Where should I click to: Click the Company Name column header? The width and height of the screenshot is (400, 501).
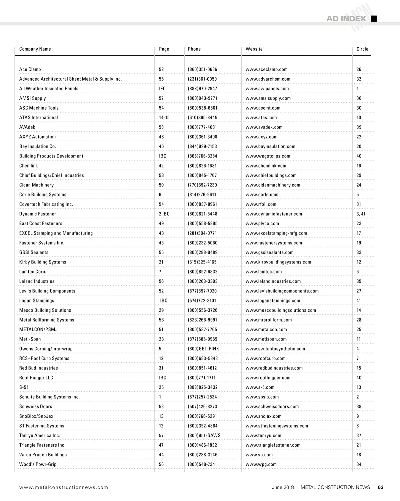point(35,49)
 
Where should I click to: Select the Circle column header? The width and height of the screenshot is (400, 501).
point(362,49)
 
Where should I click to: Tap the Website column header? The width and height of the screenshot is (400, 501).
point(254,49)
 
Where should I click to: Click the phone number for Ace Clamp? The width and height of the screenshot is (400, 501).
point(202,69)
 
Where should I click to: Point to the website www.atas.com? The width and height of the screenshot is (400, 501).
point(261,118)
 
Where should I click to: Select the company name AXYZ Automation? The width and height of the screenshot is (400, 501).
point(37,137)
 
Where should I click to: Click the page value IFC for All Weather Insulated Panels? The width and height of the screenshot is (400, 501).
point(162,89)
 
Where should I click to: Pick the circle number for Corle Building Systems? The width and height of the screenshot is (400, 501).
point(358,195)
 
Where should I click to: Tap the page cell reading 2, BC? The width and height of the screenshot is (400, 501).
point(164,214)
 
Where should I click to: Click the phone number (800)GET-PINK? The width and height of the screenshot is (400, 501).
point(203,349)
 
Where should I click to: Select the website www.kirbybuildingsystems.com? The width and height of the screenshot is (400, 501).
point(278,262)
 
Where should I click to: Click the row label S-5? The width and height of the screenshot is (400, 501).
point(24,387)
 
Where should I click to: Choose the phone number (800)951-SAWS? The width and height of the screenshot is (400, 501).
point(204,435)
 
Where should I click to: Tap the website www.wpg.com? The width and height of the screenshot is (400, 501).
point(261,464)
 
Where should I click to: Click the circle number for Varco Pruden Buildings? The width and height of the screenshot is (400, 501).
point(359,455)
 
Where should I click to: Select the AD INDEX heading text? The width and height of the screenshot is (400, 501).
point(346,19)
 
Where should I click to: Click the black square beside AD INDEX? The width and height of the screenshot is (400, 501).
point(374,19)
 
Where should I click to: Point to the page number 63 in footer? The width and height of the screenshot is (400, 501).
point(381,487)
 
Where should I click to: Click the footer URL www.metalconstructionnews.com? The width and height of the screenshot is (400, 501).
point(64,487)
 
